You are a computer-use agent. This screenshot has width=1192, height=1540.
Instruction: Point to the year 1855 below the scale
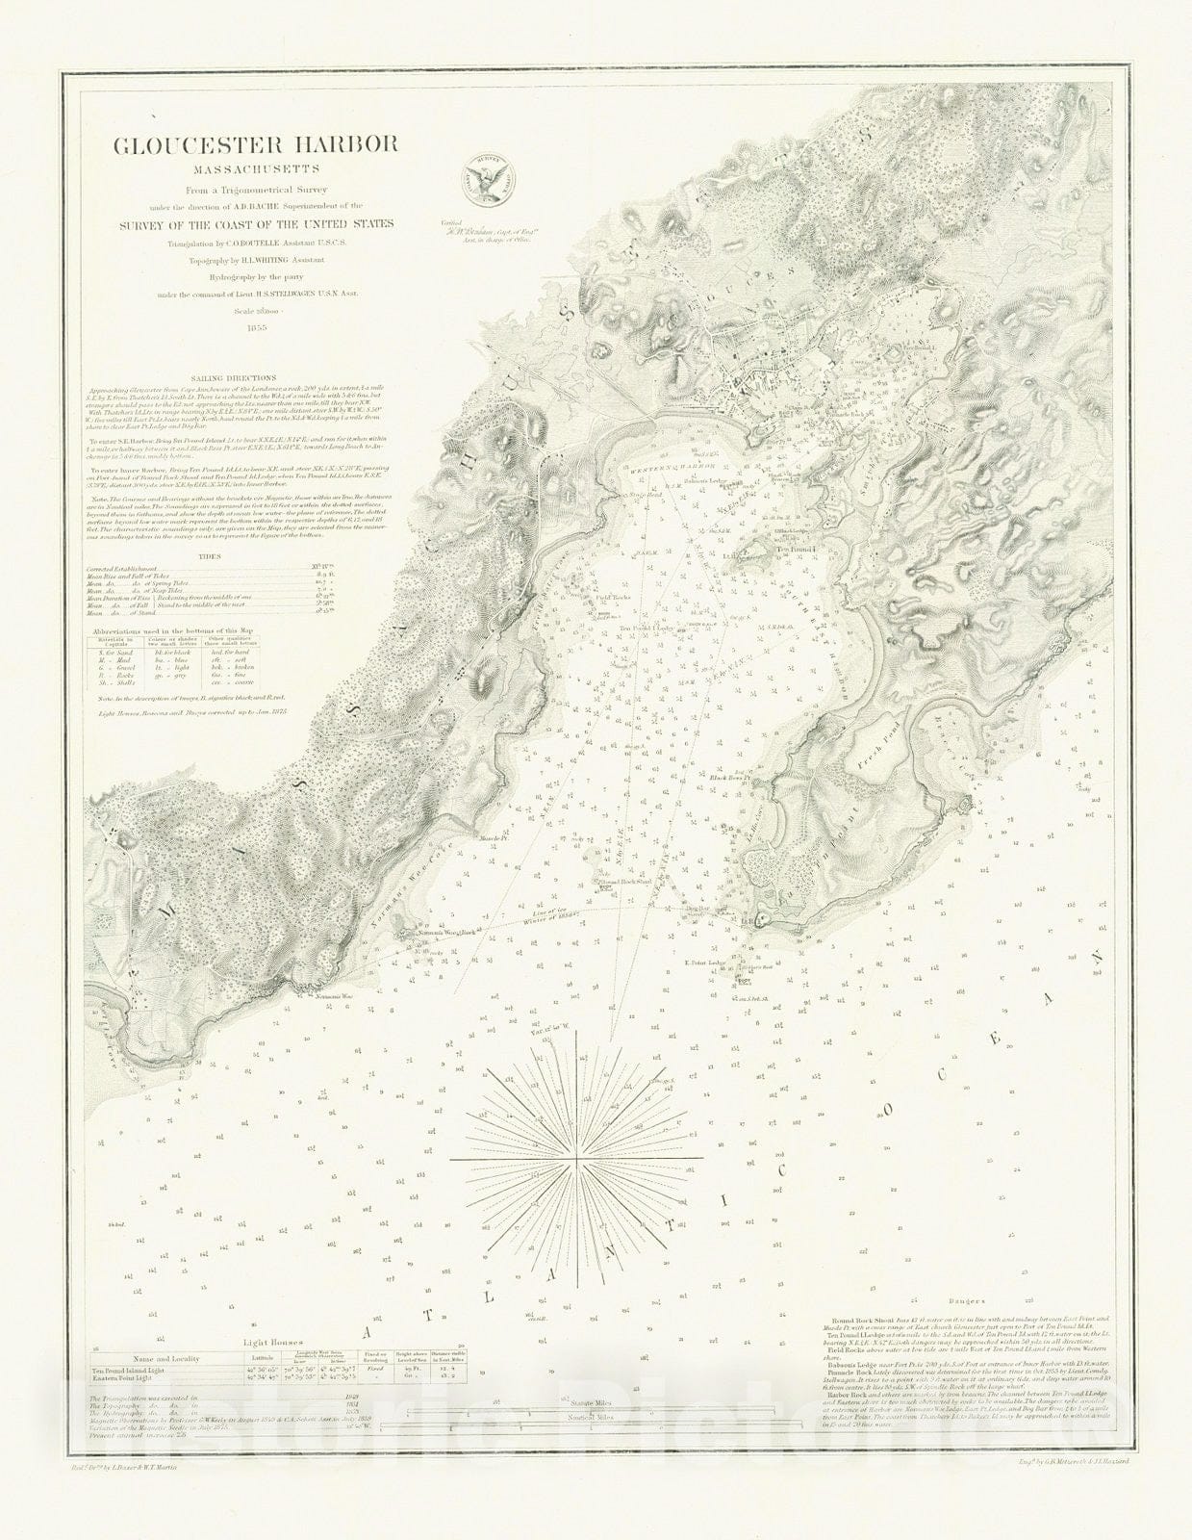point(255,327)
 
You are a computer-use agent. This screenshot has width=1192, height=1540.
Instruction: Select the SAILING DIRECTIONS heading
point(234,379)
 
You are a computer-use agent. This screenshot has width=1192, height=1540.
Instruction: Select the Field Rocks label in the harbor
point(613,597)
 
